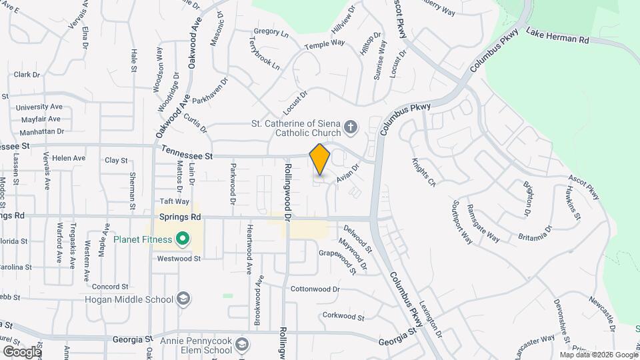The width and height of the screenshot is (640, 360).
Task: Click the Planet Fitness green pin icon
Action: pos(181,239)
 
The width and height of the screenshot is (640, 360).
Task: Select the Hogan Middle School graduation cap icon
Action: pos(184,299)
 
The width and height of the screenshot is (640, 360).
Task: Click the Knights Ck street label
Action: pos(423,172)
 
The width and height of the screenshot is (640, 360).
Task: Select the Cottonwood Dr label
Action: pos(315,289)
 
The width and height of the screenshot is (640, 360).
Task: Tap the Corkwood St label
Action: pos(343,317)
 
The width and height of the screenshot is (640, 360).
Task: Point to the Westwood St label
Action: pos(178,258)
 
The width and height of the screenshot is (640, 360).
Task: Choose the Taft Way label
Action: pos(175,201)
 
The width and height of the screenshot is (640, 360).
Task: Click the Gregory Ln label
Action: pos(271,32)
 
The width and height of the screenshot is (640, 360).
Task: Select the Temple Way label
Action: pos(325,45)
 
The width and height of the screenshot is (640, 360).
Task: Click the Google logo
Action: pos(22,351)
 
